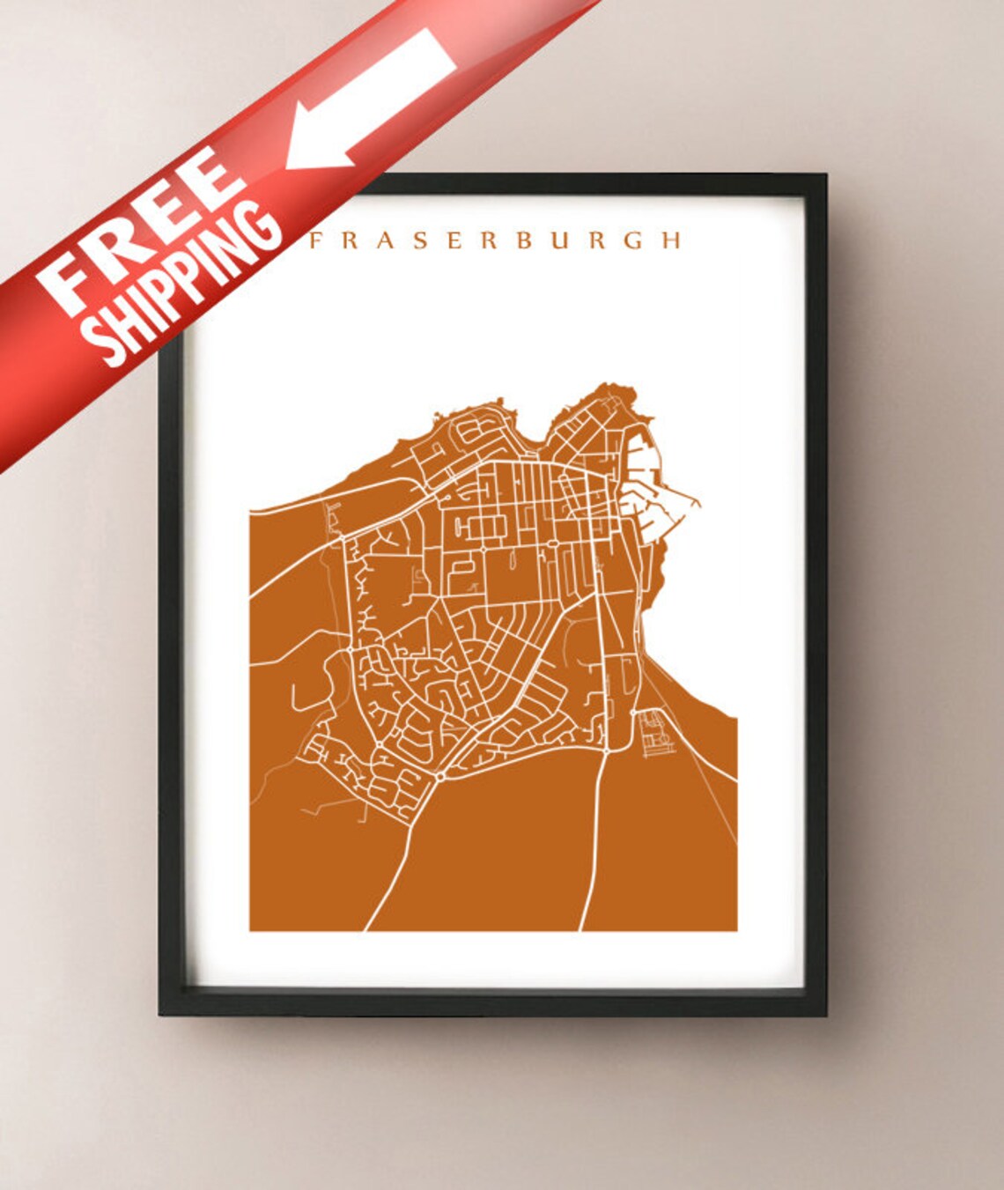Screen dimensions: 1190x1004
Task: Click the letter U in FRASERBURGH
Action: click(x=561, y=240)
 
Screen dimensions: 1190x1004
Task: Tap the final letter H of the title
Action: click(x=671, y=240)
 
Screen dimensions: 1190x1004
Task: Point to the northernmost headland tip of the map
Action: click(x=608, y=385)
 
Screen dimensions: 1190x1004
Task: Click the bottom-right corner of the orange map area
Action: click(x=735, y=929)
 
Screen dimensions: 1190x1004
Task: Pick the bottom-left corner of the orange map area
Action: click(x=251, y=929)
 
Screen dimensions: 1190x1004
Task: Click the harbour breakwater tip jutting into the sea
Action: click(x=699, y=504)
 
